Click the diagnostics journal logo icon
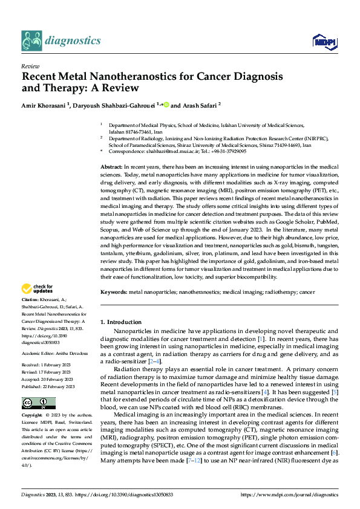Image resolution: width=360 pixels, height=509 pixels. pyautogui.click(x=31, y=41)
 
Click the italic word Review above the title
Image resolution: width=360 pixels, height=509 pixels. pyautogui.click(x=30, y=66)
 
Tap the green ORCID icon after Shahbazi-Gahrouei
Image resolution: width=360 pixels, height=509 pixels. pyautogui.click(x=166, y=104)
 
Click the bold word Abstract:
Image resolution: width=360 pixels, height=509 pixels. pyautogui.click(x=111, y=166)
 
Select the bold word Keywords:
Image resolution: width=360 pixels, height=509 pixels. pyautogui.click(x=113, y=291)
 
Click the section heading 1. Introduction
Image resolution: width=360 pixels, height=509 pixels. pyautogui.click(x=120, y=322)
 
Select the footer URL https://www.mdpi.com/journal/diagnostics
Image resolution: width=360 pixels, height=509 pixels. pyautogui.click(x=289, y=494)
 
